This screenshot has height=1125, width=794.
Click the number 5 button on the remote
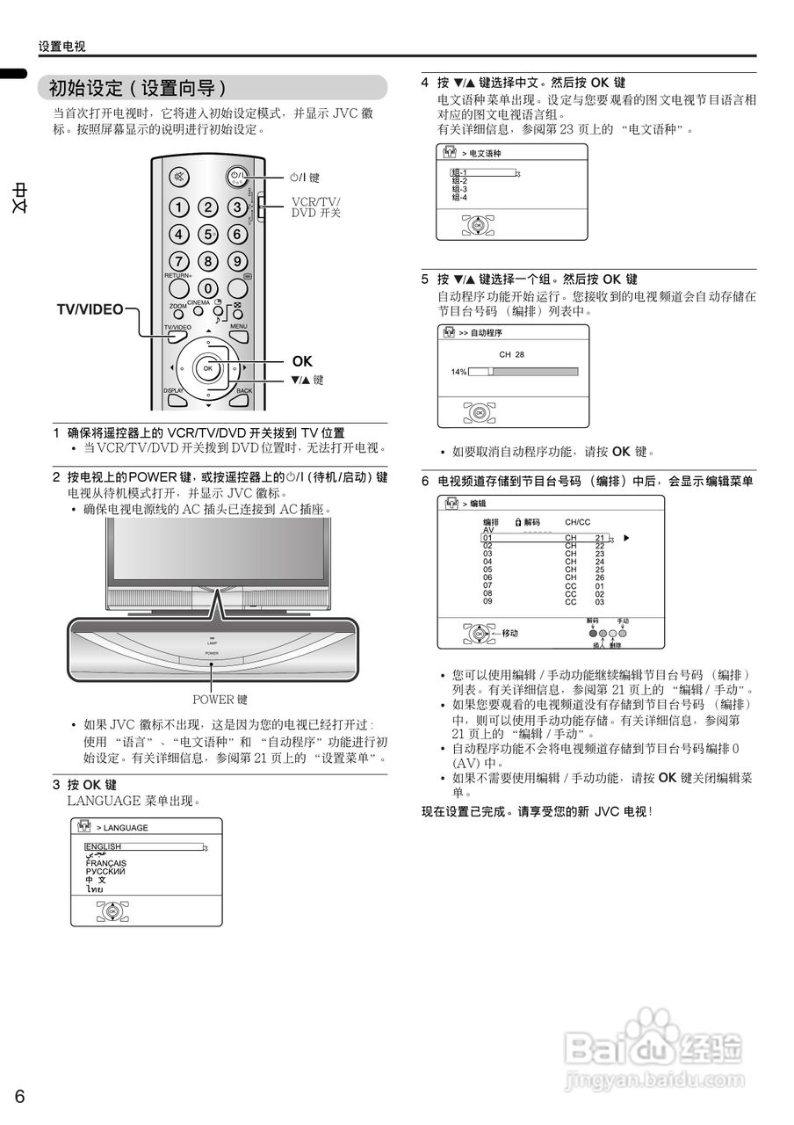pyautogui.click(x=208, y=235)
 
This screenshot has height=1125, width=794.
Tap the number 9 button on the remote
pyautogui.click(x=237, y=262)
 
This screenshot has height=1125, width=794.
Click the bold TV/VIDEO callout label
pyautogui.click(x=90, y=309)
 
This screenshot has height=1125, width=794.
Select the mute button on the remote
pyautogui.click(x=179, y=177)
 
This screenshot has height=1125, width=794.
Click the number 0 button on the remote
pyautogui.click(x=208, y=288)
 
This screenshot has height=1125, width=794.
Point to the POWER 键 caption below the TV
pyautogui.click(x=220, y=700)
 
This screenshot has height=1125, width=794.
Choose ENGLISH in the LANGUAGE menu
pyautogui.click(x=104, y=846)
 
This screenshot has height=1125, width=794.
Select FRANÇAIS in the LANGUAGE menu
pyautogui.click(x=105, y=863)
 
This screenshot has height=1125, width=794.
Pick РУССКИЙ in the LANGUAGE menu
pyautogui.click(x=105, y=871)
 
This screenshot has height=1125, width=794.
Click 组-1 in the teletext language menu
pyautogui.click(x=459, y=173)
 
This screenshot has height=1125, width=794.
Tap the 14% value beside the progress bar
pyautogui.click(x=458, y=372)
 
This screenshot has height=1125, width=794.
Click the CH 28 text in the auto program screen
pyautogui.click(x=511, y=354)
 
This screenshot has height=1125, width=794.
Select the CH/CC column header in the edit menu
pyautogui.click(x=577, y=522)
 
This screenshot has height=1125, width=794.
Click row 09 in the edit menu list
pyautogui.click(x=487, y=601)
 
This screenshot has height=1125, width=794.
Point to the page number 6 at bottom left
pyautogui.click(x=20, y=1096)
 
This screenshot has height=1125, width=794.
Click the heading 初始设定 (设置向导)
pyautogui.click(x=138, y=88)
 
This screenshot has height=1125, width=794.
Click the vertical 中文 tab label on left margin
pyautogui.click(x=19, y=198)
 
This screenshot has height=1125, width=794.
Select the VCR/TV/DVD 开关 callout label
pyautogui.click(x=315, y=207)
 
